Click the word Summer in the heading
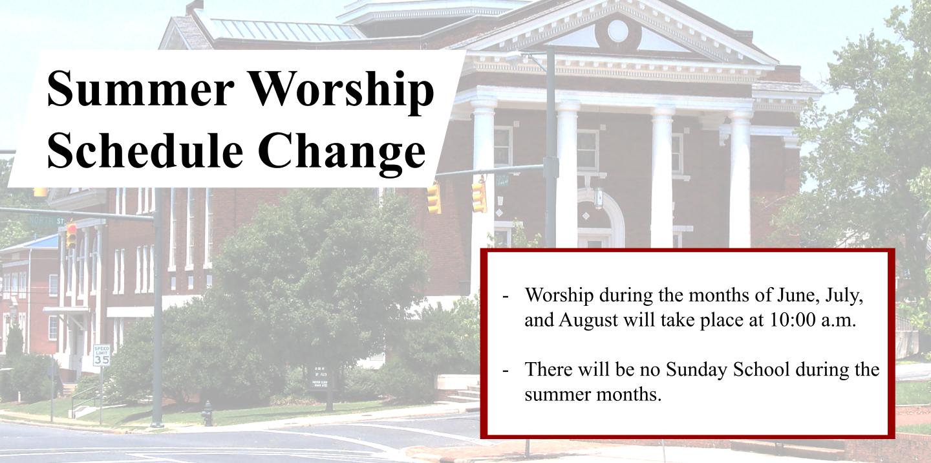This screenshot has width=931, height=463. pyautogui.click(x=141, y=89)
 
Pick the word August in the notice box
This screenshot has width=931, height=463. pyautogui.click(x=588, y=321)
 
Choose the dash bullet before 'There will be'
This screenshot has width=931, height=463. pyautogui.click(x=506, y=371)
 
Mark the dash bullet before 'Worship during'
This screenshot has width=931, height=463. pyautogui.click(x=506, y=296)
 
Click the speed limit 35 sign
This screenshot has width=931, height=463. pyautogui.click(x=102, y=356)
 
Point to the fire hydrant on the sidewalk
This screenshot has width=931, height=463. pyautogui.click(x=207, y=414)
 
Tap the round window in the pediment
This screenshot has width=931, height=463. pyautogui.click(x=617, y=31)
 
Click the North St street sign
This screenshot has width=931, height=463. pyautogui.click(x=47, y=221)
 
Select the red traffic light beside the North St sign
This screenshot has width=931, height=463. pyautogui.click(x=72, y=235)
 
